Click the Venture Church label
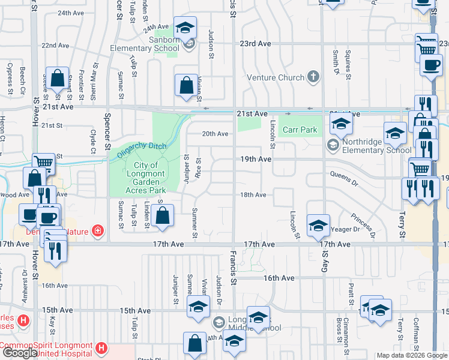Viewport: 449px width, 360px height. (277, 77)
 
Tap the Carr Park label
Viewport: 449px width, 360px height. (300, 130)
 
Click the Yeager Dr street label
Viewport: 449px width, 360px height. (345, 229)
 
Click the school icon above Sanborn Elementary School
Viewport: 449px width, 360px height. (185, 28)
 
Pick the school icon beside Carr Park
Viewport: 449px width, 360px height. (341, 125)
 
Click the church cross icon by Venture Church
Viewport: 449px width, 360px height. (312, 77)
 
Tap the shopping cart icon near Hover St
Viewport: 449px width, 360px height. (43, 162)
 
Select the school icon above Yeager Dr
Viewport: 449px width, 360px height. (318, 226)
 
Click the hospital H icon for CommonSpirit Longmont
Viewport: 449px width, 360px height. (101, 347)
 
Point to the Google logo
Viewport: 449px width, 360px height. (20, 353)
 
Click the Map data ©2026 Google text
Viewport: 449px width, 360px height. (412, 356)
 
